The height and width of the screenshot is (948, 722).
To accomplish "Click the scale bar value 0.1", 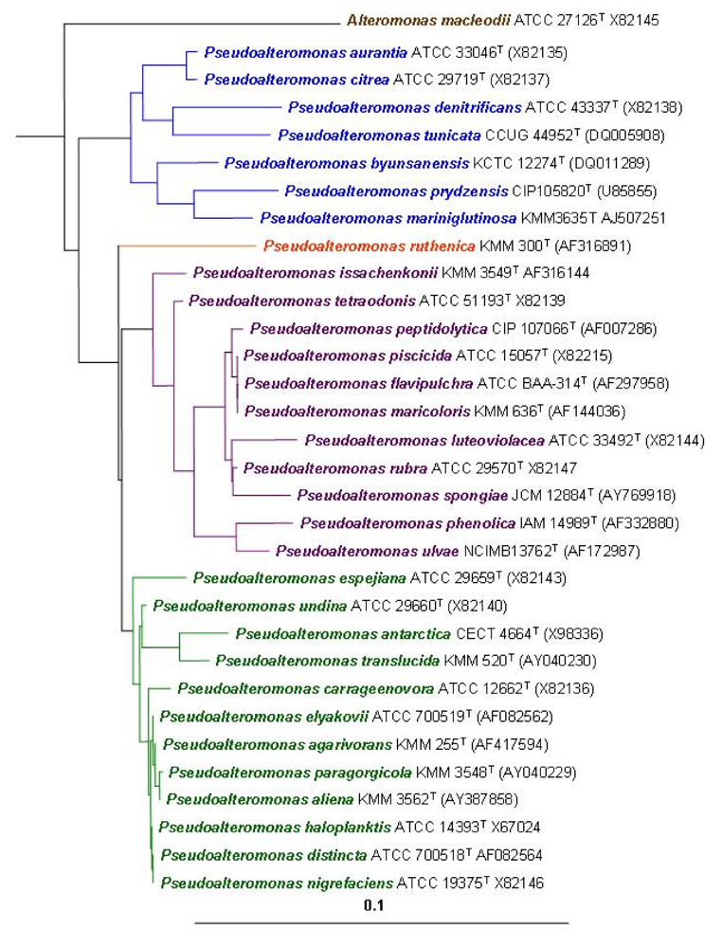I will pyautogui.click(x=377, y=905).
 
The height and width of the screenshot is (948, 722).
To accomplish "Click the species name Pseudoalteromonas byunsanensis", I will pyautogui.click(x=334, y=162).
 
